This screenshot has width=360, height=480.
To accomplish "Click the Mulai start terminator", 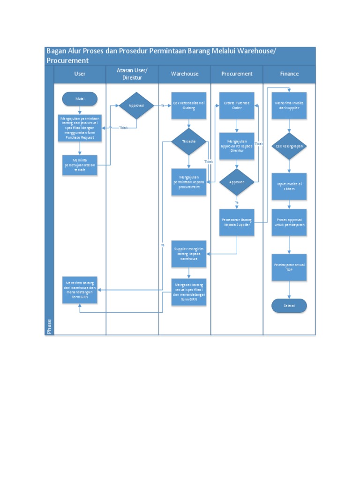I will point(80,99).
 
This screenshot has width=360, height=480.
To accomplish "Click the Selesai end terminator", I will point(289,306).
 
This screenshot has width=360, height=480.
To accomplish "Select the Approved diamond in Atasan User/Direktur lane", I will point(136,105).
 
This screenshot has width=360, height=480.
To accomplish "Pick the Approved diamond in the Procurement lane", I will point(237,182).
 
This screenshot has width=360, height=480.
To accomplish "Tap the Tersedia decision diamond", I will point(188,141).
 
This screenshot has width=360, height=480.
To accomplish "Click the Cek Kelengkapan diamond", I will point(289,146).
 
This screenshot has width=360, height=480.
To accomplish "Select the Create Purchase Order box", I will point(237,105).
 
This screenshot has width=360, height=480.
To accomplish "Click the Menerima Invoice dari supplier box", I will point(289,105).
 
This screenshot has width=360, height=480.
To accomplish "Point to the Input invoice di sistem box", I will point(289,186).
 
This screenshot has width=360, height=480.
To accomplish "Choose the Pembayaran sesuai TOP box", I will point(289,267).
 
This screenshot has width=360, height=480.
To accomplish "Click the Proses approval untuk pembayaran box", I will point(289,222).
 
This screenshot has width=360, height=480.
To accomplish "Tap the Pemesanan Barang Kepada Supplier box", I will point(237,222).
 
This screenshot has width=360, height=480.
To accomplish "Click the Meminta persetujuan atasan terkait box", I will point(80,165).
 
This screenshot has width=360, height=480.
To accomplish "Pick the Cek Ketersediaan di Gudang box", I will point(188,105).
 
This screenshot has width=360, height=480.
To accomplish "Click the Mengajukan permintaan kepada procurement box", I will point(188,181).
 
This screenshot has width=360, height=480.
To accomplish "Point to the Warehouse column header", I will point(185,74).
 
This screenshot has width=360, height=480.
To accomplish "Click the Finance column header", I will point(289,74).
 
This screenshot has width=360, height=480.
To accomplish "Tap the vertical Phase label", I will point(49,326).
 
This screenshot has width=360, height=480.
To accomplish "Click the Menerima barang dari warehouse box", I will point(80,290).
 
